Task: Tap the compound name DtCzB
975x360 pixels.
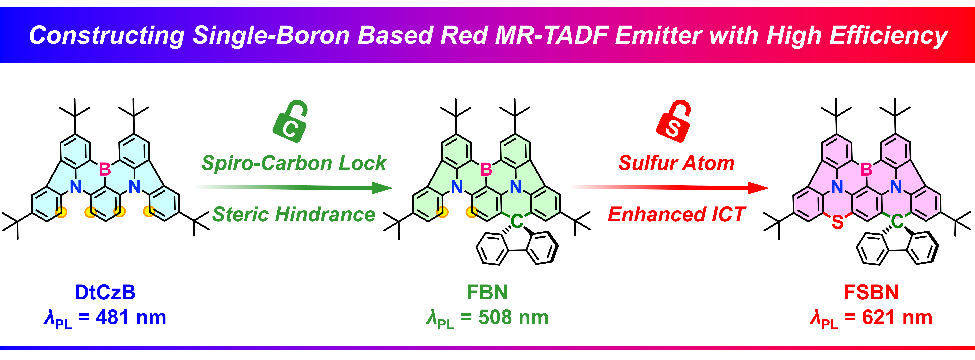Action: coord(105,292)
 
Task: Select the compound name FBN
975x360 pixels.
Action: coord(487,292)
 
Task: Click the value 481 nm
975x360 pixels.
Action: coord(131,317)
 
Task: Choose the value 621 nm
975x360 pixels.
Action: coord(897,317)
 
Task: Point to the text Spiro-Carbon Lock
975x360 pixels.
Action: coord(294,163)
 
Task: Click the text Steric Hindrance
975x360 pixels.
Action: coord(294,214)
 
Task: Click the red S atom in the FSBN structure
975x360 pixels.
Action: coord(838,222)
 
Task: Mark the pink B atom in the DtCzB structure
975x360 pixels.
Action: coord(105,169)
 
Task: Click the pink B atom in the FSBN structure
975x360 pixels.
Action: coord(866,169)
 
